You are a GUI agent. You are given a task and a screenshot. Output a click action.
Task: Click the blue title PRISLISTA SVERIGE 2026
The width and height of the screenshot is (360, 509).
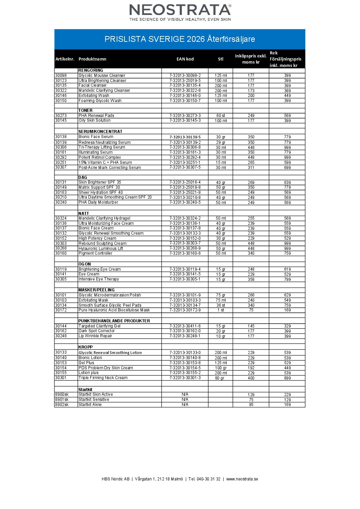pyautogui.click(x=180, y=39)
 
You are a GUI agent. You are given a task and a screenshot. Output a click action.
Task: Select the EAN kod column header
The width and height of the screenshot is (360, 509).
pyautogui.click(x=185, y=59)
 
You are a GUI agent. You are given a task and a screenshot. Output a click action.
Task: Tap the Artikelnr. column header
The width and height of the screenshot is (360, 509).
pyautogui.click(x=65, y=59)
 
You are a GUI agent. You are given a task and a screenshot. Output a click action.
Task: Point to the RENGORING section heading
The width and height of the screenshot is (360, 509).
pyautogui.click(x=91, y=70)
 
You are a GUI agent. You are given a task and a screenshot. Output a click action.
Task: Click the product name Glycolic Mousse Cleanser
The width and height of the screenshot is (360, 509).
pyautogui.click(x=102, y=75)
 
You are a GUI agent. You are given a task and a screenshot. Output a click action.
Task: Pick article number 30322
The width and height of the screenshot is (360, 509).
pyautogui.click(x=61, y=90)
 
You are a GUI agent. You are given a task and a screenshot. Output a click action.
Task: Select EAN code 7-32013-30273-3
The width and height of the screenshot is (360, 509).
pyautogui.click(x=185, y=116)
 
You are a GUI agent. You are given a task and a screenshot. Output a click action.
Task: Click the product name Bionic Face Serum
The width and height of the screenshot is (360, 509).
pyautogui.click(x=96, y=137)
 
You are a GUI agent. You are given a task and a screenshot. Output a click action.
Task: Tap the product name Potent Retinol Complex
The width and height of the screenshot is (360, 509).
pyautogui.click(x=100, y=157)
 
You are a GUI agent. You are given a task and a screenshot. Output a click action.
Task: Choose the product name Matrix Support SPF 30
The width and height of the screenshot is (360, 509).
pyautogui.click(x=99, y=187)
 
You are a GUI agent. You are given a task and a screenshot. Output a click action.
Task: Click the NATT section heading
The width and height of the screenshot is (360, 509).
pyautogui.click(x=83, y=214)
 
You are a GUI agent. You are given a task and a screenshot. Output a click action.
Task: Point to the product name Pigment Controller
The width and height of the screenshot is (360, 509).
pyautogui.click(x=95, y=253)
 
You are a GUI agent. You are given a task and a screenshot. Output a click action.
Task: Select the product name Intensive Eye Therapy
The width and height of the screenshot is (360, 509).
pyautogui.click(x=99, y=279)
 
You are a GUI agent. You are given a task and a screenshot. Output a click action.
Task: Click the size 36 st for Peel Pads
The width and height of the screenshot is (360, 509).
pyautogui.click(x=220, y=305)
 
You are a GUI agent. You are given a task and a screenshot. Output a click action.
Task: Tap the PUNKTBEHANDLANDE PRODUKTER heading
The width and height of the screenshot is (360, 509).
pyautogui.click(x=114, y=321)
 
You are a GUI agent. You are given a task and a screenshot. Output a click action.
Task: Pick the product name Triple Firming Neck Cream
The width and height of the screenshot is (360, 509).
pyautogui.click(x=103, y=378)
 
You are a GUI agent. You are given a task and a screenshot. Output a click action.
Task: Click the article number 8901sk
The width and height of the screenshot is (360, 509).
pyautogui.click(x=62, y=400)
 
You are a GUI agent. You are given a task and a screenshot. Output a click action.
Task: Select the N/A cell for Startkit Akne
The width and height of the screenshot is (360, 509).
pyautogui.click(x=185, y=405)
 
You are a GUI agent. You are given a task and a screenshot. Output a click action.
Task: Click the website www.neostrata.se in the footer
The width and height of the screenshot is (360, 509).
pyautogui.click(x=242, y=479)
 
